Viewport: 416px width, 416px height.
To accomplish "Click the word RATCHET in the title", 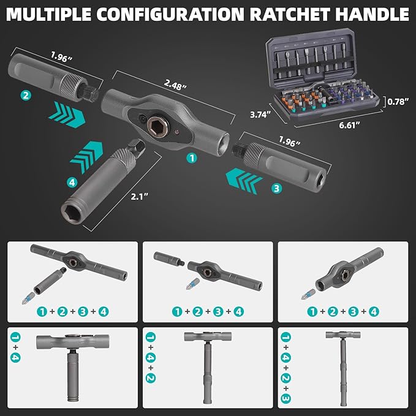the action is (x=290, y=15).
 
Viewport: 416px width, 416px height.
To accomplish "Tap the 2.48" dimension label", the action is (x=175, y=85).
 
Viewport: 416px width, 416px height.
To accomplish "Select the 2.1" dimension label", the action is (x=139, y=197).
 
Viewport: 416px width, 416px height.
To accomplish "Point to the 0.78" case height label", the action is (x=398, y=102).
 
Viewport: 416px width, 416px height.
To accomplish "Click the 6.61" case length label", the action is (x=350, y=125).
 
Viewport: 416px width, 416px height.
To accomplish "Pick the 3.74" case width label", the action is (x=260, y=115).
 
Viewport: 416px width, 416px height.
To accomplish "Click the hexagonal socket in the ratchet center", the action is (x=157, y=124).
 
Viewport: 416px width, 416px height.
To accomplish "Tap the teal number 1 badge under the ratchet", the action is (x=192, y=158).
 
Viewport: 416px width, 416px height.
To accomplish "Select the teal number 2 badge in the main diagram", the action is (x=26, y=95).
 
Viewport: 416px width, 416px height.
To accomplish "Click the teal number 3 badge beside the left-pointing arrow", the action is (x=276, y=188).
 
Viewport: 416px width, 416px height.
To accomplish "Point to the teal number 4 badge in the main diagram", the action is (x=72, y=182).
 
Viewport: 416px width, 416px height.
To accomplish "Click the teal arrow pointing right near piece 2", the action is (x=67, y=115).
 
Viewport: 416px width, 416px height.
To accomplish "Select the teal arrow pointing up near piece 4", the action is (x=86, y=157).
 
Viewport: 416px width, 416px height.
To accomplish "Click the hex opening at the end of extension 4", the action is (x=72, y=213).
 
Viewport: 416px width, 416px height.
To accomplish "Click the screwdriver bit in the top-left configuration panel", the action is (x=28, y=298).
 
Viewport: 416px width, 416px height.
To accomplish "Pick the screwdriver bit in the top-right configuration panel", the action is (x=308, y=294).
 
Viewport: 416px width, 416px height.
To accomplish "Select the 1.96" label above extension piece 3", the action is (x=290, y=142).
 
